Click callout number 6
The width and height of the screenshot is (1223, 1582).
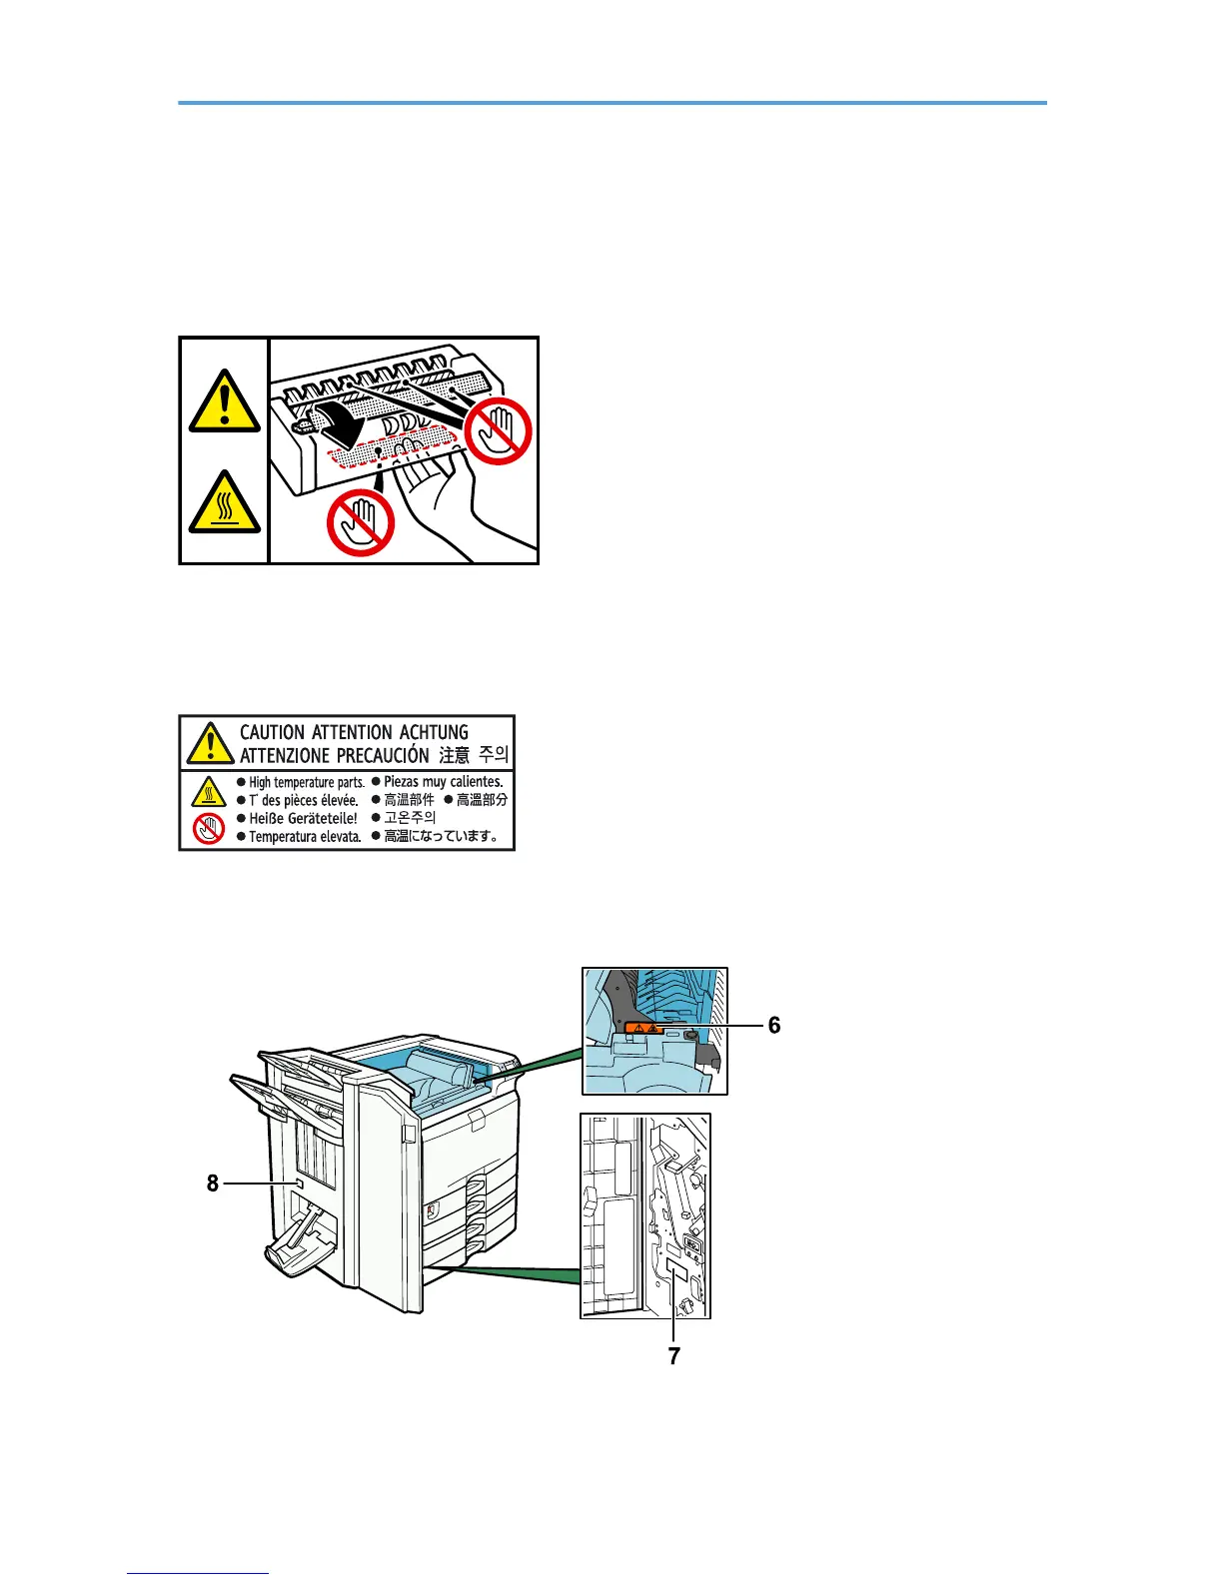774,1026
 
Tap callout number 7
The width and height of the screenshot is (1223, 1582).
674,1355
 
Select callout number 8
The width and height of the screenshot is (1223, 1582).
212,1184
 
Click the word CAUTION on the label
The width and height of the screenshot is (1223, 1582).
272,732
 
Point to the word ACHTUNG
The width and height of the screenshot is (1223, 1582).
434,732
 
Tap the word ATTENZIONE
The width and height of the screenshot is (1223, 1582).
284,755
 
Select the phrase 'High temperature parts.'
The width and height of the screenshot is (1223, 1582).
306,782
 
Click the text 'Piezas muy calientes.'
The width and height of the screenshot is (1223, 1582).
443,781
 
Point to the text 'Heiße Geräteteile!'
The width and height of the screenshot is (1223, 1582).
303,818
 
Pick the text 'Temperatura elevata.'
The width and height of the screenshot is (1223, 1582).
305,837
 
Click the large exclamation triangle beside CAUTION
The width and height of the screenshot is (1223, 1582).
210,742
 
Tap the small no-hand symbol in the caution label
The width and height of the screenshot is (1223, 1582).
209,828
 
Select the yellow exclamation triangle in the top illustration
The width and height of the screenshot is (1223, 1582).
225,400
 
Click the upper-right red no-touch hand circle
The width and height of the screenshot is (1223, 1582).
499,430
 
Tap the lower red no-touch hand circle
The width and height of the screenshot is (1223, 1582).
360,522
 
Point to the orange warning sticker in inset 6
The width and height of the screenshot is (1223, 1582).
643,1027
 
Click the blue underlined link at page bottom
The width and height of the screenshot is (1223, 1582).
198,1573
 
